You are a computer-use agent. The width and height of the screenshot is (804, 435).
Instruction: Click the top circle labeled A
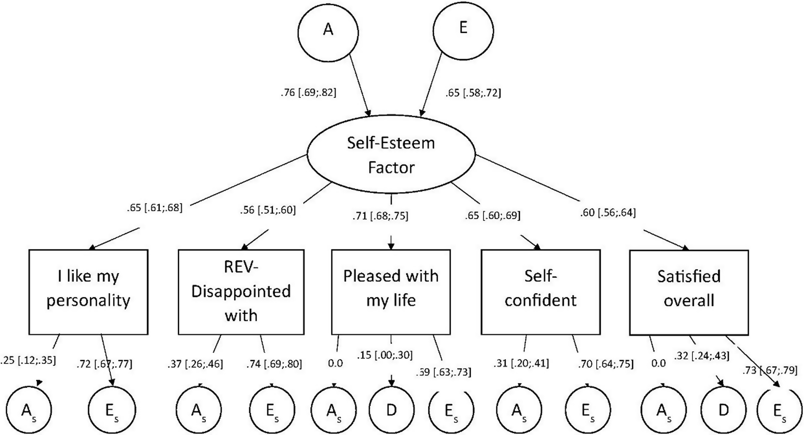pos(328,32)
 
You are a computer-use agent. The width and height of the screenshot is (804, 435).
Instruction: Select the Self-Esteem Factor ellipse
pos(391,155)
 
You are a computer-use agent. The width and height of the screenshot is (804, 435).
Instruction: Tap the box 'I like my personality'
pos(88,292)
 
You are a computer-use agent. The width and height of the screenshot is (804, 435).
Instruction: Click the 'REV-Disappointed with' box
pos(241,292)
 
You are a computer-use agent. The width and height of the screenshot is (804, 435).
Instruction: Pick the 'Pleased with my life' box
pos(391,292)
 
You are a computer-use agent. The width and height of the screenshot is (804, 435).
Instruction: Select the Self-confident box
pos(541,292)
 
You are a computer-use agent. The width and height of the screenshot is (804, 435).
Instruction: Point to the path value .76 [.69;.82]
pos(308,93)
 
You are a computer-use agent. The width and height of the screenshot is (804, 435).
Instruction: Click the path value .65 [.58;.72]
pos(473,93)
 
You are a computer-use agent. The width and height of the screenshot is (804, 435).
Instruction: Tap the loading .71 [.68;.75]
pos(380,216)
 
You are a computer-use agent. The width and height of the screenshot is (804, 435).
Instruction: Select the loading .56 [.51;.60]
pos(268,210)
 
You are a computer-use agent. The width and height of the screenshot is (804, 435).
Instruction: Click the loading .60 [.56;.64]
pos(608,213)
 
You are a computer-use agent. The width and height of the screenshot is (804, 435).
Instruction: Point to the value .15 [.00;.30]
pos(384,355)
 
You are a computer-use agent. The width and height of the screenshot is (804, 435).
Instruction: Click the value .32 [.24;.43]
pos(702,356)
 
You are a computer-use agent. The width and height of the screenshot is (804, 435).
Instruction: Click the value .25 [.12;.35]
pos(28,360)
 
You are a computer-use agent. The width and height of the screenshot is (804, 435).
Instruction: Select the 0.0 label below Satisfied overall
pos(659,363)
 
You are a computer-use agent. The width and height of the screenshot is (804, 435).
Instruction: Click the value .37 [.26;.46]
pos(195,364)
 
